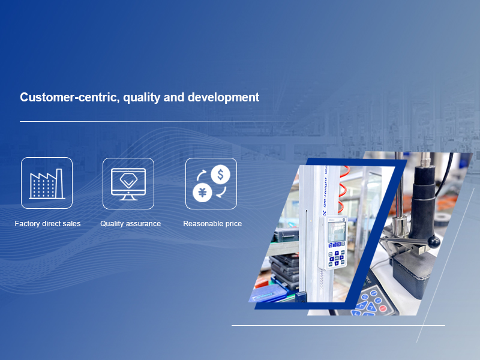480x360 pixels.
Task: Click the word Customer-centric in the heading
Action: tap(70, 97)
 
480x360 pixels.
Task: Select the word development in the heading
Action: tap(223, 98)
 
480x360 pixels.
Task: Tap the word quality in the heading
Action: tap(142, 98)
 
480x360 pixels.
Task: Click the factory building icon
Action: tap(47, 184)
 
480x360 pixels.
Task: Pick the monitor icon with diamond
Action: tap(128, 184)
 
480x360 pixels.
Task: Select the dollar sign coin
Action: tap(220, 175)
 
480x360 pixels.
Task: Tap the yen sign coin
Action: tap(202, 193)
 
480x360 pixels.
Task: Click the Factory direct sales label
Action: tap(47, 224)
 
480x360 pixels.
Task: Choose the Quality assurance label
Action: tap(130, 224)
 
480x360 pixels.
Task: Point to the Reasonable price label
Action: tap(212, 224)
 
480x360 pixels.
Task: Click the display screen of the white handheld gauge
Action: tap(336, 232)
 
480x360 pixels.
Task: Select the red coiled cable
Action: tap(343, 190)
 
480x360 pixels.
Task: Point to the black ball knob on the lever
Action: tap(434, 242)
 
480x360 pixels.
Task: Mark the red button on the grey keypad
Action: tap(383, 308)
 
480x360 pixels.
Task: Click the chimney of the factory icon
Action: tap(59, 183)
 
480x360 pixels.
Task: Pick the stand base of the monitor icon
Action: tap(128, 198)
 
